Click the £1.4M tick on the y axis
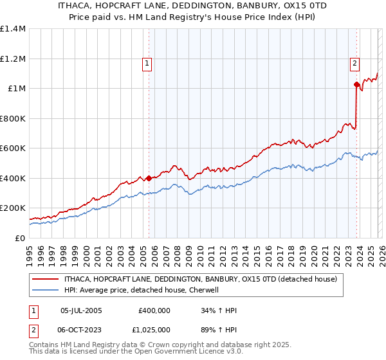point(13,29)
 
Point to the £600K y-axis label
point(13,148)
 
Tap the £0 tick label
point(19,238)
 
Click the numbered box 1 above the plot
point(148,63)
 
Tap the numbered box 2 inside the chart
point(354,63)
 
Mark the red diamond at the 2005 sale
point(149,178)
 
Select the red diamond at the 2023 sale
point(356,84)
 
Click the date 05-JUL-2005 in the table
point(81,310)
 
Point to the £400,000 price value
point(154,310)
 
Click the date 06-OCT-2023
point(82,328)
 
